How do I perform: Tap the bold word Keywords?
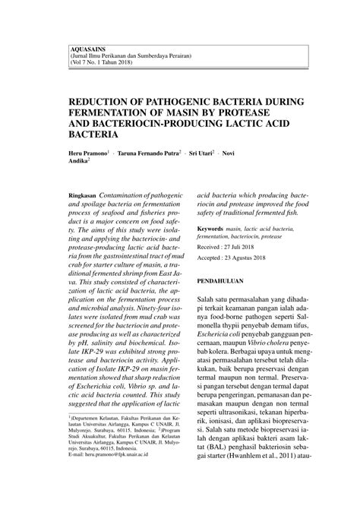212,229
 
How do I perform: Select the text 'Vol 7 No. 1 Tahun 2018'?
101,62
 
